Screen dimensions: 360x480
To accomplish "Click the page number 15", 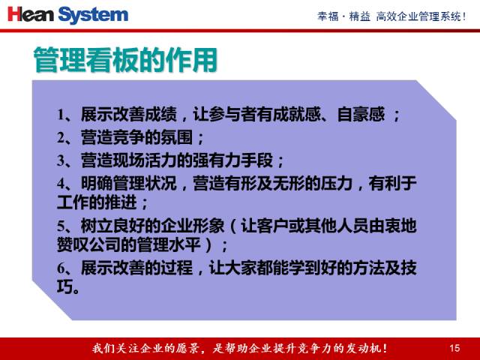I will [454, 348].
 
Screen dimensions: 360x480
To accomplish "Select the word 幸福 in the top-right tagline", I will [328, 16].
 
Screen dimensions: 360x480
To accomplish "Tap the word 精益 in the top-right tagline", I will [360, 16].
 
